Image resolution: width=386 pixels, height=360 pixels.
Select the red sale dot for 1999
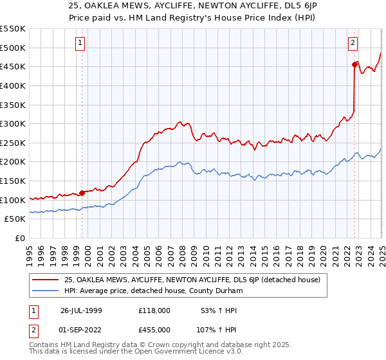pyautogui.click(x=82, y=192)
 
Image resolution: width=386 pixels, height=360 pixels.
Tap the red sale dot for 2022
pyautogui.click(x=354, y=64)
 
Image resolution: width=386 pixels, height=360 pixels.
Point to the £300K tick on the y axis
pyautogui.click(x=14, y=123)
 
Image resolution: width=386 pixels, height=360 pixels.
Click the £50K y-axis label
pyautogui.click(x=16, y=219)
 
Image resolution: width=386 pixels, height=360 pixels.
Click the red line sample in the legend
pyautogui.click(x=46, y=280)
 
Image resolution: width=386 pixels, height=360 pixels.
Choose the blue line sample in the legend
pyautogui.click(x=46, y=291)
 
